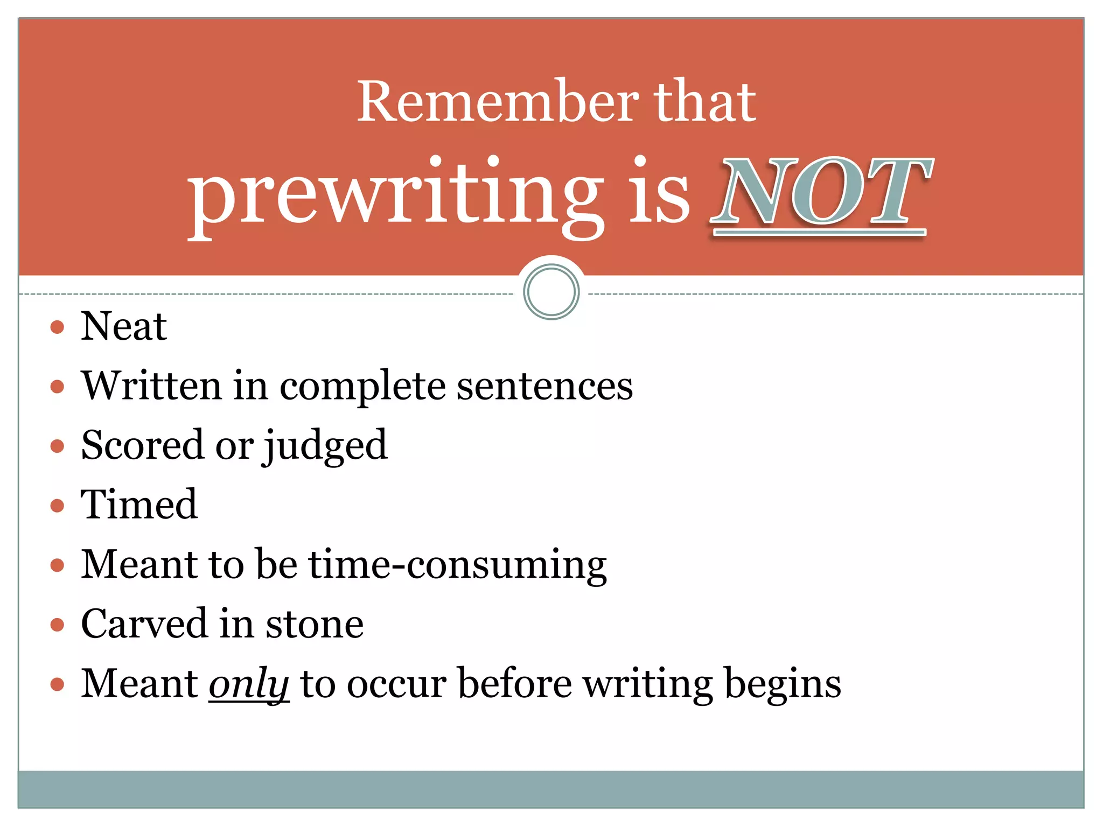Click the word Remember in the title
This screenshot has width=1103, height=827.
(498, 102)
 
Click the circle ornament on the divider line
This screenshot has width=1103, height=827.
(551, 292)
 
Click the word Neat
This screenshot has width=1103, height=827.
(123, 327)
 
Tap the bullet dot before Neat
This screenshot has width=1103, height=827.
(57, 327)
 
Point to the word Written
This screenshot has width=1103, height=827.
(151, 386)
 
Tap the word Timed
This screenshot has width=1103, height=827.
(139, 505)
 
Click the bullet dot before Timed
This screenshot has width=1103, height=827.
(57, 506)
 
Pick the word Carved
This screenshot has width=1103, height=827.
(144, 625)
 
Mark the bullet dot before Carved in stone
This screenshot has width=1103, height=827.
(57, 625)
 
